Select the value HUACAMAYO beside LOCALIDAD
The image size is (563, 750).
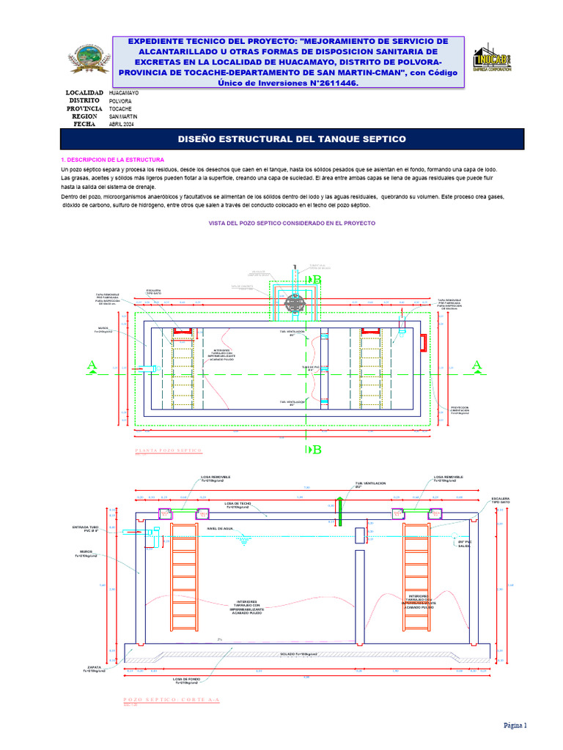click(124, 94)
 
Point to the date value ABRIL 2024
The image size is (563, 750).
click(122, 125)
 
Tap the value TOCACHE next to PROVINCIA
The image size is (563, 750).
click(121, 109)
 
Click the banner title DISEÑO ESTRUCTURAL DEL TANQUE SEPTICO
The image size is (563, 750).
click(292, 139)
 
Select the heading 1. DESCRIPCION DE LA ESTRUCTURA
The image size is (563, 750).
click(113, 160)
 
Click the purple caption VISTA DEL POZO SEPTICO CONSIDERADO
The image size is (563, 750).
click(292, 223)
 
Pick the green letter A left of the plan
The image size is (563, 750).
click(92, 365)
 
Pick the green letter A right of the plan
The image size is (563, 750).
click(477, 365)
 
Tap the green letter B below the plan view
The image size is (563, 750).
click(317, 450)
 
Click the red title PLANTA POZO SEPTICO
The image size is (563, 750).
click(169, 450)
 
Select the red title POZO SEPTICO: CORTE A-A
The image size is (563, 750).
click(172, 700)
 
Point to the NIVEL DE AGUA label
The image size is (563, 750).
click(220, 529)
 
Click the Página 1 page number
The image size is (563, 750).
click(515, 725)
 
